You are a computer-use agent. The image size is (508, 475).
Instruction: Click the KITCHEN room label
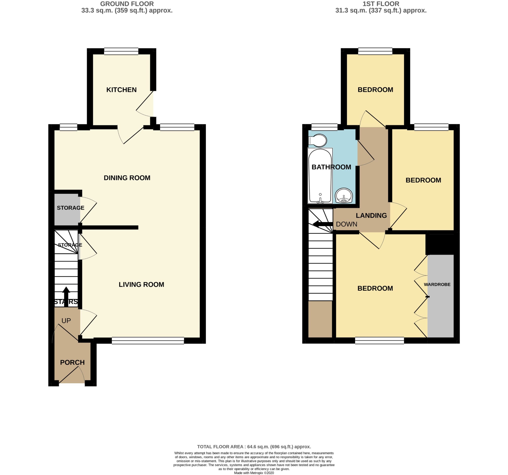click(121, 90)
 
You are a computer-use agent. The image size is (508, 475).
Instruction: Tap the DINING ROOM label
click(127, 178)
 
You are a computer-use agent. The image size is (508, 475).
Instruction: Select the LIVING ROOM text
click(141, 285)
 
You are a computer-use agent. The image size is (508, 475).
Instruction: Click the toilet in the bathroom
click(318, 140)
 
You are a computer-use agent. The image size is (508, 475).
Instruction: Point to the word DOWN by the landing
click(346, 224)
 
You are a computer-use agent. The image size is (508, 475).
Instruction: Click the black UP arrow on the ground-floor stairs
click(66, 297)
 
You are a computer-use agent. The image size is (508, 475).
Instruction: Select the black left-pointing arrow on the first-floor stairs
click(323, 225)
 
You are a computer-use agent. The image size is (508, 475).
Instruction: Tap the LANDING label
click(371, 216)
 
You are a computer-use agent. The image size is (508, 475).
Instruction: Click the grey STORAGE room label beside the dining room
click(70, 208)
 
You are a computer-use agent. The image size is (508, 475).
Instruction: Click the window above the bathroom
click(324, 127)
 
